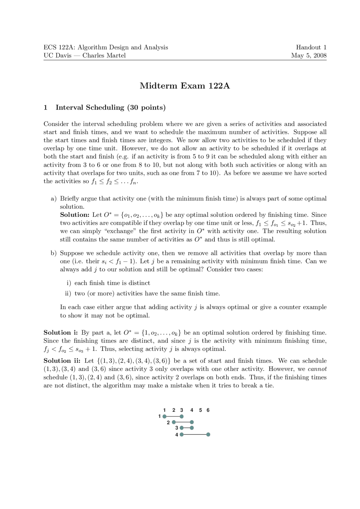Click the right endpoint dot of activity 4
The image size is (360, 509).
(208, 435)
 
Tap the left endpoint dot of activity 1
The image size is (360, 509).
(165, 416)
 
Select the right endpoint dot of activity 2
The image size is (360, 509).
(192, 422)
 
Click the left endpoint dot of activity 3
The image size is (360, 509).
(182, 428)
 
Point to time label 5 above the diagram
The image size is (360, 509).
(200, 410)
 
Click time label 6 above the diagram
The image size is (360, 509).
(208, 410)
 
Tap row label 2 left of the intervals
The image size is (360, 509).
(168, 422)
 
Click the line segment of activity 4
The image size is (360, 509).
(195, 435)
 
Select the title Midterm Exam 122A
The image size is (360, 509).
(185, 86)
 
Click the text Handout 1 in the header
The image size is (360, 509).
(311, 47)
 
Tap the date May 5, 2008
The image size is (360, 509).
(309, 55)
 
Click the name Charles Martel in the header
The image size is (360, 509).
(104, 55)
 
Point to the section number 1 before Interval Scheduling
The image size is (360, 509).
(45, 108)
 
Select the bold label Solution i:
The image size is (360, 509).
(60, 333)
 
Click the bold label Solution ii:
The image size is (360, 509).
(62, 361)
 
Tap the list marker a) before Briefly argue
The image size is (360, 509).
(53, 199)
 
